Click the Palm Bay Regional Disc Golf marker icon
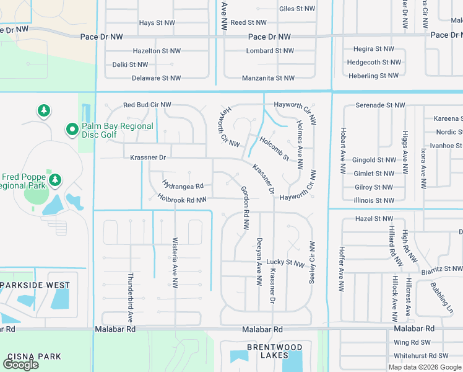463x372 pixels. [72, 130]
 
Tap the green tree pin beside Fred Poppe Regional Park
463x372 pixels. [55, 180]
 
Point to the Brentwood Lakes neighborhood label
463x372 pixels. [275, 351]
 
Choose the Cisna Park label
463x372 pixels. [34, 356]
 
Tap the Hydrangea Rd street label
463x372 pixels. [183, 185]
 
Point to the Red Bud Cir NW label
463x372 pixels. [147, 105]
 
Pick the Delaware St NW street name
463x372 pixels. [157, 78]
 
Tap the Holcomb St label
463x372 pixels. [274, 149]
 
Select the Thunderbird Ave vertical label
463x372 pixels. [131, 296]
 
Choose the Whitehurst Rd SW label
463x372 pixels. [421, 356]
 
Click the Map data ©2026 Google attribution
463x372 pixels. [425, 367]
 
